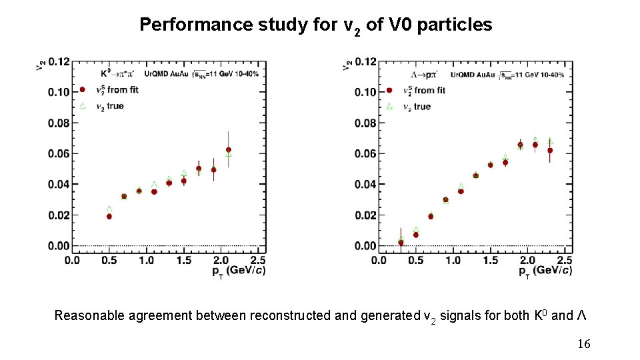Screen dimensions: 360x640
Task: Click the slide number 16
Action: pyautogui.click(x=583, y=344)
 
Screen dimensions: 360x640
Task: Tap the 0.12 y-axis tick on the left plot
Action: pyautogui.click(x=58, y=61)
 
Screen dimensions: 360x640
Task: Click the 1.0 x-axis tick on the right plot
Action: pyautogui.click(x=452, y=259)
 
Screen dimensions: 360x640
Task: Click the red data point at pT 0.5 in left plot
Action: pyautogui.click(x=109, y=217)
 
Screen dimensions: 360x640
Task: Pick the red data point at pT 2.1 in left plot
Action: pyautogui.click(x=229, y=151)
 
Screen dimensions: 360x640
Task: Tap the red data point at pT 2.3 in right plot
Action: pyautogui.click(x=550, y=151)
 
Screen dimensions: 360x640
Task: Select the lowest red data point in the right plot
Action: pyautogui.click(x=401, y=243)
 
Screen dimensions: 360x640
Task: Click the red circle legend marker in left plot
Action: pyautogui.click(x=83, y=90)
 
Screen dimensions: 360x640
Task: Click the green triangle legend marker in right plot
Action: pyautogui.click(x=389, y=106)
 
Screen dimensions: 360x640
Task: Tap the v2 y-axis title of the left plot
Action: pyautogui.click(x=40, y=65)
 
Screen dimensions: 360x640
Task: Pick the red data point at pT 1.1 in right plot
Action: pyautogui.click(x=461, y=191)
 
